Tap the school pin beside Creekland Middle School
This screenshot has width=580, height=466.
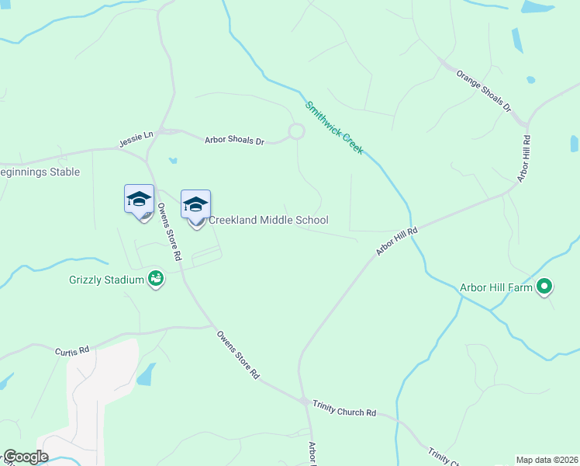[195, 206]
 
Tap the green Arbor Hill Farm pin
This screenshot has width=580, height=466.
[544, 287]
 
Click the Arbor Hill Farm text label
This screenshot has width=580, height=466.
[496, 287]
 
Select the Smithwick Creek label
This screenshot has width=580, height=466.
[333, 127]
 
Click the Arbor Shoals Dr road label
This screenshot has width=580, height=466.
[235, 141]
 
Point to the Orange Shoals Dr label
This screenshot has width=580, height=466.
[484, 91]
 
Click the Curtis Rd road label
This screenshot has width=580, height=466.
[71, 351]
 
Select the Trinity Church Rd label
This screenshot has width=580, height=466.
[344, 409]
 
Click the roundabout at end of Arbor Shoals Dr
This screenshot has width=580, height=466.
[296, 132]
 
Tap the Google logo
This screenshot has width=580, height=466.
[26, 457]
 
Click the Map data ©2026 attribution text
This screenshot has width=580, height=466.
[547, 460]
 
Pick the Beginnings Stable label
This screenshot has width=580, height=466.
[40, 172]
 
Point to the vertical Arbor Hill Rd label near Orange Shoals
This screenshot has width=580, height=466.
[525, 159]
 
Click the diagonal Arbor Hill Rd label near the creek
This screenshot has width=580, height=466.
[397, 241]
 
